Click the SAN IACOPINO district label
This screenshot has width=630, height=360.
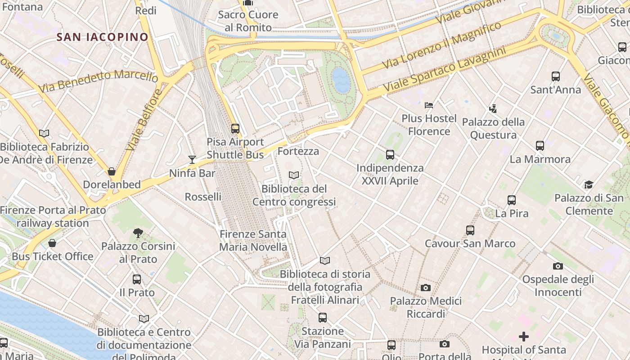click(103, 37)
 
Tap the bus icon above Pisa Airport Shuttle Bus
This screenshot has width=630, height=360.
click(235, 129)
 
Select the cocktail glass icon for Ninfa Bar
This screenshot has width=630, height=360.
click(192, 159)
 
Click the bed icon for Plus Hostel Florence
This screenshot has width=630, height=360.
click(428, 105)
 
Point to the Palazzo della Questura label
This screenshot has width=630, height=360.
click(493, 128)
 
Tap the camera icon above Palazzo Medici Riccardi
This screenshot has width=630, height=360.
click(426, 288)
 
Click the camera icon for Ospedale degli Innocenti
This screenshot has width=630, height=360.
click(558, 266)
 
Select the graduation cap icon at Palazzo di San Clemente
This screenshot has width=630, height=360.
click(589, 184)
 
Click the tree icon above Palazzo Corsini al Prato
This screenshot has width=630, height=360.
click(138, 233)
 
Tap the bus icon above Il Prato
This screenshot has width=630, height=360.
click(137, 279)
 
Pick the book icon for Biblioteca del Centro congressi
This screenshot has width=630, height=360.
click(294, 175)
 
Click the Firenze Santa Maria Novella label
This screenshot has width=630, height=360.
click(253, 240)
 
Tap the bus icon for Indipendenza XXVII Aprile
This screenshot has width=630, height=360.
click(390, 155)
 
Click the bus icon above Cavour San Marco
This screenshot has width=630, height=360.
click(470, 230)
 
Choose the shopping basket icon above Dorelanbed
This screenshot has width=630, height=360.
click(112, 171)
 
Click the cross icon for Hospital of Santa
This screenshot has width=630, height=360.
click(524, 337)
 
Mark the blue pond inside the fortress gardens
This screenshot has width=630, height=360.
click(341, 80)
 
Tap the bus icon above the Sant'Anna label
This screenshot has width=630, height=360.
click(556, 76)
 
